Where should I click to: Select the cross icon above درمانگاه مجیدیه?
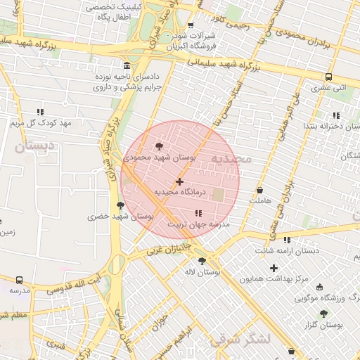tap(179, 181)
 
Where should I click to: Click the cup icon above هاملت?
tap(259, 190)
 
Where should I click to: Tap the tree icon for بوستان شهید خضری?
tap(120, 205)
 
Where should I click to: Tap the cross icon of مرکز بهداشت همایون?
tap(274, 268)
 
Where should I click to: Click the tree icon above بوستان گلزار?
tap(323, 314)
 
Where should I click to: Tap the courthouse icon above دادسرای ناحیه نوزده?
tap(126, 64)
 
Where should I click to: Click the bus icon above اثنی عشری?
tap(328, 77)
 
